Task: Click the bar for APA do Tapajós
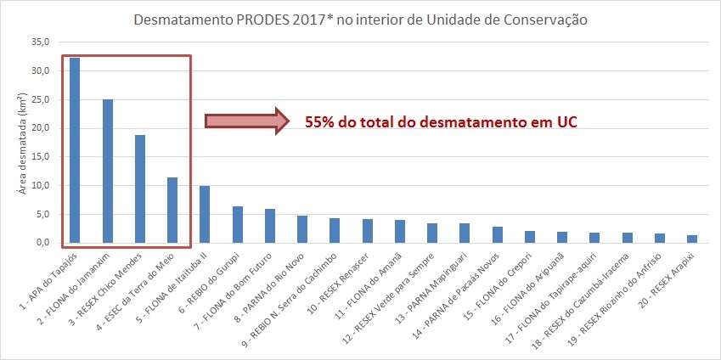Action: (x=75, y=150)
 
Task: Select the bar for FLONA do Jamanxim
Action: (x=107, y=171)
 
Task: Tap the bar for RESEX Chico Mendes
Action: (x=139, y=188)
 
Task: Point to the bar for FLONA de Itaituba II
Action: (x=204, y=214)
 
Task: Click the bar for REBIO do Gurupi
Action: (x=237, y=224)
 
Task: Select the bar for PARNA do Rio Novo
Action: (x=301, y=229)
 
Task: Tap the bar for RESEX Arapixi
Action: (x=690, y=239)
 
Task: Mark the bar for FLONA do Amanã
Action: (x=399, y=231)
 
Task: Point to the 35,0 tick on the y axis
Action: (x=40, y=42)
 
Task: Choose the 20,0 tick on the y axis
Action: (x=40, y=128)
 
